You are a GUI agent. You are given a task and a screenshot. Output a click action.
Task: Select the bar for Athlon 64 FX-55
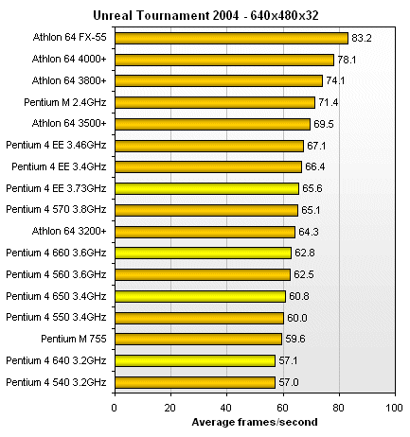pos(231,38)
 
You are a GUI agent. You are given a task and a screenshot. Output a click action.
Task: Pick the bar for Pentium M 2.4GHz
pos(214,102)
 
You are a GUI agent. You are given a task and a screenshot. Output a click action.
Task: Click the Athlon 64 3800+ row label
pos(71,80)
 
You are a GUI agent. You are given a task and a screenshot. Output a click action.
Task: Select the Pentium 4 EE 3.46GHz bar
pos(208,145)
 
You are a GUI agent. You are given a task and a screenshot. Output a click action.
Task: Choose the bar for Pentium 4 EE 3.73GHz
pos(206,188)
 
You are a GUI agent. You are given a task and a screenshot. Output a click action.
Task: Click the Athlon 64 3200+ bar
pos(205,231)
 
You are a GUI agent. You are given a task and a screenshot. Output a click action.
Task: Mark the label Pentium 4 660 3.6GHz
pos(57,253)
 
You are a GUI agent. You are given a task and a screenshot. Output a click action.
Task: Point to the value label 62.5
pos(304,274)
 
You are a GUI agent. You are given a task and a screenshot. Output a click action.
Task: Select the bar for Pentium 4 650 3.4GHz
pos(200,296)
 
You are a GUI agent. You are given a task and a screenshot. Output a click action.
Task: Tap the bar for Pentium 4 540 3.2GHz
pos(194,382)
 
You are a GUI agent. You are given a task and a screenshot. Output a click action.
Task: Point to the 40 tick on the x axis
pos(226,408)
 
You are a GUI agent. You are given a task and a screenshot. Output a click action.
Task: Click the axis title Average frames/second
pos(253,421)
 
